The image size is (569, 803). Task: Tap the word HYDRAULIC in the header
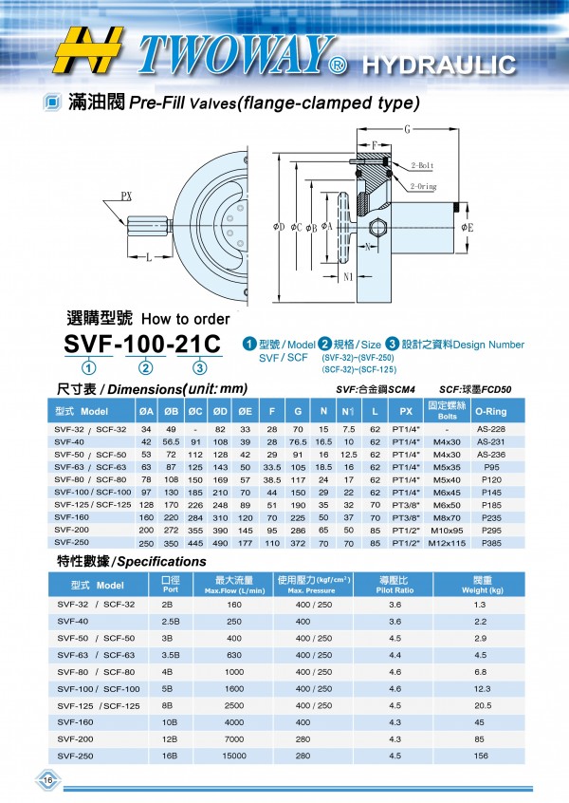(x=438, y=65)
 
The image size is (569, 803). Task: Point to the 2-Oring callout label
(x=424, y=187)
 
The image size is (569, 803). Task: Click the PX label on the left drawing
(x=127, y=196)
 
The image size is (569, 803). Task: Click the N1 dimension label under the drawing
(x=347, y=277)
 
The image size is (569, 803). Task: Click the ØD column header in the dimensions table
(x=220, y=411)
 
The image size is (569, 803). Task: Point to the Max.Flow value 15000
(x=232, y=756)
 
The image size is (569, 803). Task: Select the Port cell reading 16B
(x=169, y=756)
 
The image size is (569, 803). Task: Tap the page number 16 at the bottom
(x=46, y=780)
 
